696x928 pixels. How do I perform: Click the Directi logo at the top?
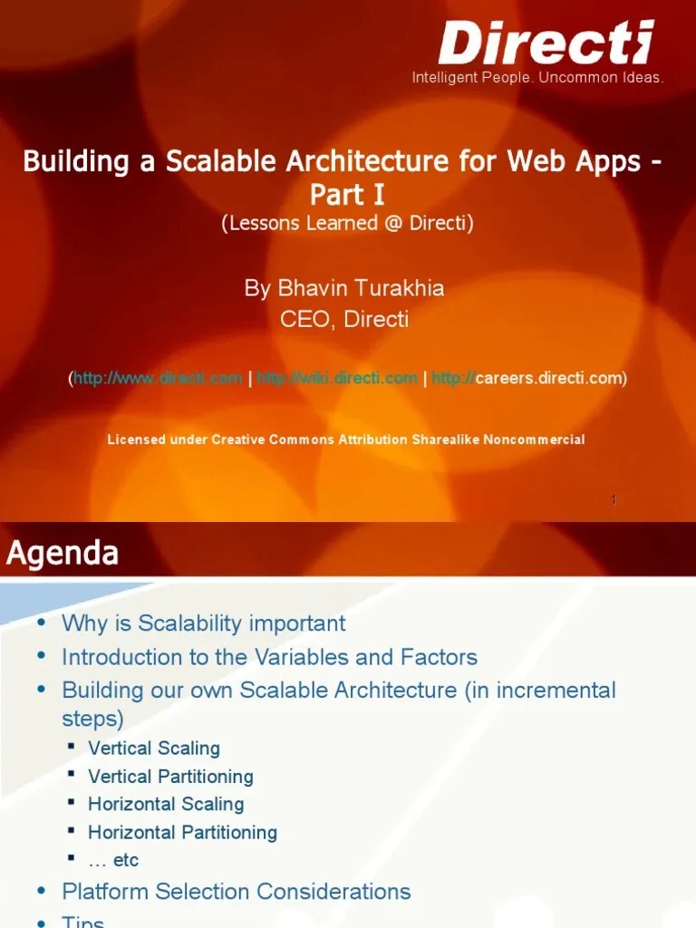tap(546, 43)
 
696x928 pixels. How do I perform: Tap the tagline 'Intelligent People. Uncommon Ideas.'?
tap(537, 78)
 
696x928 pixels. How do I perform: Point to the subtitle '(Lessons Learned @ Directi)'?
tap(347, 223)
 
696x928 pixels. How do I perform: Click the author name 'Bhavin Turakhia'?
tap(344, 288)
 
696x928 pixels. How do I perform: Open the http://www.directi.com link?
tap(158, 378)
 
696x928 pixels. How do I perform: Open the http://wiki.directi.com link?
tap(337, 378)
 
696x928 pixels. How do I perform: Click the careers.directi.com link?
tap(527, 378)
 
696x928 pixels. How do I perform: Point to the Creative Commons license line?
tap(345, 440)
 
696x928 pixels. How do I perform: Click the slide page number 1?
tap(614, 499)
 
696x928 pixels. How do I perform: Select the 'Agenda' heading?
tap(63, 553)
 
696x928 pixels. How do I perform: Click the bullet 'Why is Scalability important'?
tap(203, 623)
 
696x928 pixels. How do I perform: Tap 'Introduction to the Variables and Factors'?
tap(269, 657)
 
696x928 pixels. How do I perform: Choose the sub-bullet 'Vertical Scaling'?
tap(154, 749)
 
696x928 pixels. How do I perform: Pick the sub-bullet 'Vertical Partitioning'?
tap(170, 777)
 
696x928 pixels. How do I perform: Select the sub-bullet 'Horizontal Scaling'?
tap(166, 804)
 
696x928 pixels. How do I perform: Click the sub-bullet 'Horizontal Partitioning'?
tap(182, 832)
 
